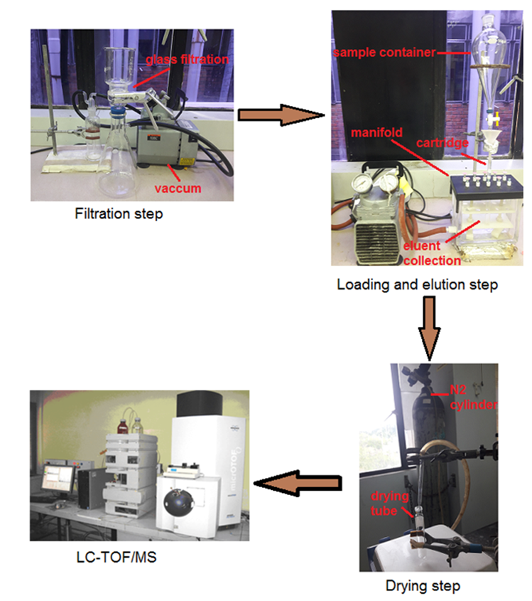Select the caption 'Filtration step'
click(119, 213)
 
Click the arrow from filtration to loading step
click(279, 114)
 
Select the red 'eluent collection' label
click(425, 253)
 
